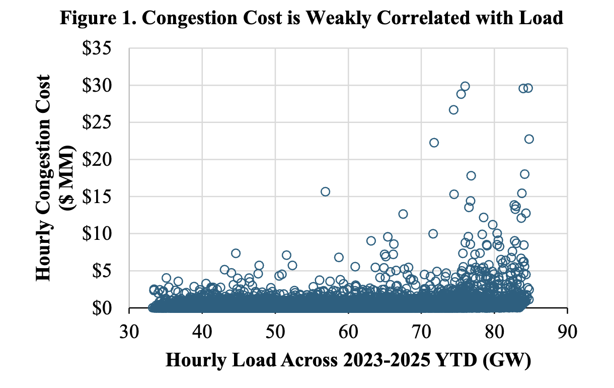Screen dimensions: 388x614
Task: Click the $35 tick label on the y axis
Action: [x=103, y=49]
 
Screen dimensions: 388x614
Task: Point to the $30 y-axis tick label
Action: [x=103, y=86]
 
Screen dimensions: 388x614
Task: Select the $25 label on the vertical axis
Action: [x=103, y=122]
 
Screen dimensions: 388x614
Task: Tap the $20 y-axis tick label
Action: [x=103, y=160]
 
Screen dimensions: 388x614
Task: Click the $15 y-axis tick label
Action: [x=103, y=197]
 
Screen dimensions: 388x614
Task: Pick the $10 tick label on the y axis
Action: [x=103, y=234]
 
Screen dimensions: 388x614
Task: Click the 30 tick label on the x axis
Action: [x=129, y=333]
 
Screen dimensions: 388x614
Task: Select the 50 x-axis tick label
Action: [x=275, y=333]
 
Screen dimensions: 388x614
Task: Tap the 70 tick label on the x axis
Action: [x=421, y=333]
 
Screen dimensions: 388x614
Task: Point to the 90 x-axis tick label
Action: [x=567, y=333]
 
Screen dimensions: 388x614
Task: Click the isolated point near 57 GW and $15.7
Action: [x=326, y=191]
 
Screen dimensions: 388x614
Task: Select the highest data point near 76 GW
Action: [x=465, y=86]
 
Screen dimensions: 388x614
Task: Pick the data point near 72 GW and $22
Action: [x=434, y=143]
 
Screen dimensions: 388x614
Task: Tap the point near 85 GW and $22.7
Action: [x=529, y=139]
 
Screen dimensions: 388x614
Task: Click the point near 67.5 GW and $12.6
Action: [x=403, y=214]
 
